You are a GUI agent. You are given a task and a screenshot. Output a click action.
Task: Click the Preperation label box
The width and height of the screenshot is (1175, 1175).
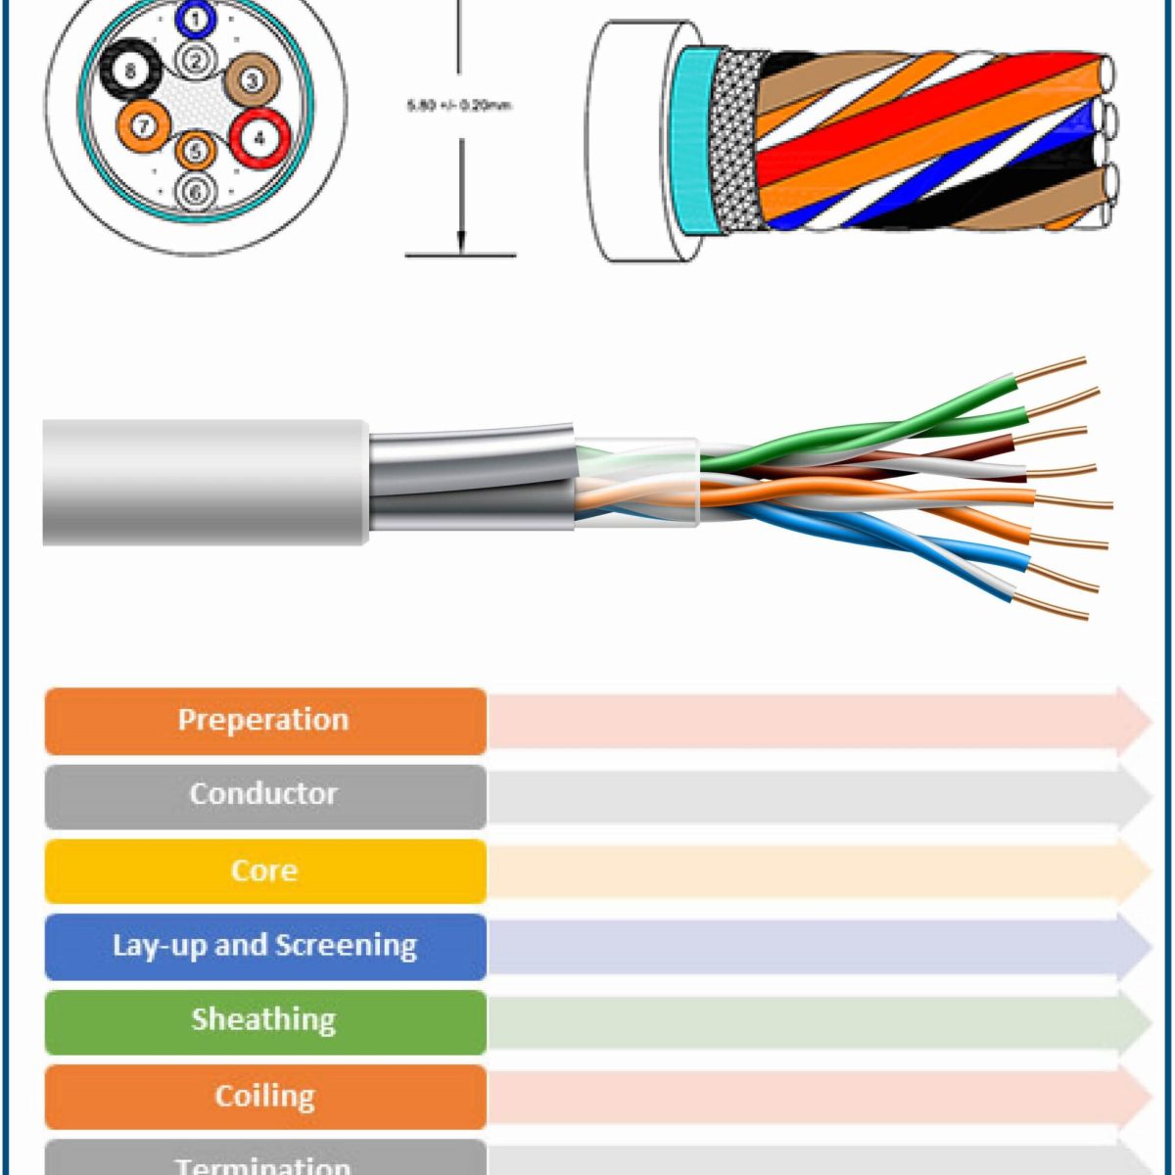tap(264, 721)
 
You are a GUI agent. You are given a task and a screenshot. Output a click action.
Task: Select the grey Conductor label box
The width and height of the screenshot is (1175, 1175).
tap(264, 795)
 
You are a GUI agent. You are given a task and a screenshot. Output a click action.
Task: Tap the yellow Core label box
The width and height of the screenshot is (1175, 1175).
tap(264, 870)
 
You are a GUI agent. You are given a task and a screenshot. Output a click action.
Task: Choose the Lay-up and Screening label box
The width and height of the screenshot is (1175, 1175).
tap(264, 946)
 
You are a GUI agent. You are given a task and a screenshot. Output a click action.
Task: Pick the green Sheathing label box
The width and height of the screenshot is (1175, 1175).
tap(264, 1020)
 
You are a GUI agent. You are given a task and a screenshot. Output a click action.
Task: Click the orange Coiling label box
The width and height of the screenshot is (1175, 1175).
tap(264, 1096)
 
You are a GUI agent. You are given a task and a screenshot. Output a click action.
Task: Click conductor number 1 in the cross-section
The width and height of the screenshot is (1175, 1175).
tap(197, 19)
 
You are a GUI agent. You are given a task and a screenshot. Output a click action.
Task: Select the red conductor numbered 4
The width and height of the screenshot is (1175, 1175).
tap(259, 138)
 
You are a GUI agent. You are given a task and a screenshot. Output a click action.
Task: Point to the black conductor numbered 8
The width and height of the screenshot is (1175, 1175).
tap(130, 70)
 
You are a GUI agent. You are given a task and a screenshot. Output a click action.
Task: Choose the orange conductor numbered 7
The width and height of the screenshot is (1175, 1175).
tap(143, 126)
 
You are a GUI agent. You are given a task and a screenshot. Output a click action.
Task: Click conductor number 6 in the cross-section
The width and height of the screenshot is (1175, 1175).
tap(196, 193)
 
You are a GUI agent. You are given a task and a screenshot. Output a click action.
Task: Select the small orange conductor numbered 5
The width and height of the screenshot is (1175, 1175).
tap(196, 151)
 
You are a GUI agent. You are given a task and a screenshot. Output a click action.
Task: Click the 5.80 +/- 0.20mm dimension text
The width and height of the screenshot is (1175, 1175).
tap(459, 105)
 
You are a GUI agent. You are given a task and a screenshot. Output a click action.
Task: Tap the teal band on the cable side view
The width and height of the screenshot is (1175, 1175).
tap(695, 142)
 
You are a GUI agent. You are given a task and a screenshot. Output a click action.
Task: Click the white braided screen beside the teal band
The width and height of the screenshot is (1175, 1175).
tap(734, 142)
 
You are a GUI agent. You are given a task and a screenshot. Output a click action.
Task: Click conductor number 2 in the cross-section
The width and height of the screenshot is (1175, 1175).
tap(197, 61)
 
